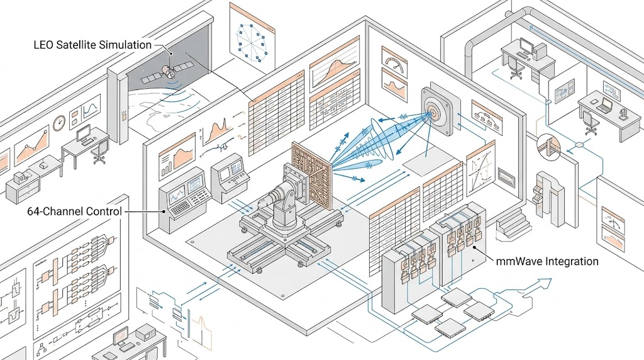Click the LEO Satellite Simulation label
point(92,45)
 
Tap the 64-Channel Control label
point(74,211)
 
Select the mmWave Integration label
point(547,261)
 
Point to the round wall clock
point(59,123)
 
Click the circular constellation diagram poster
point(252,42)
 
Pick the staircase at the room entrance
point(512,223)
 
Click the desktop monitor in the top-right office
point(527,46)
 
